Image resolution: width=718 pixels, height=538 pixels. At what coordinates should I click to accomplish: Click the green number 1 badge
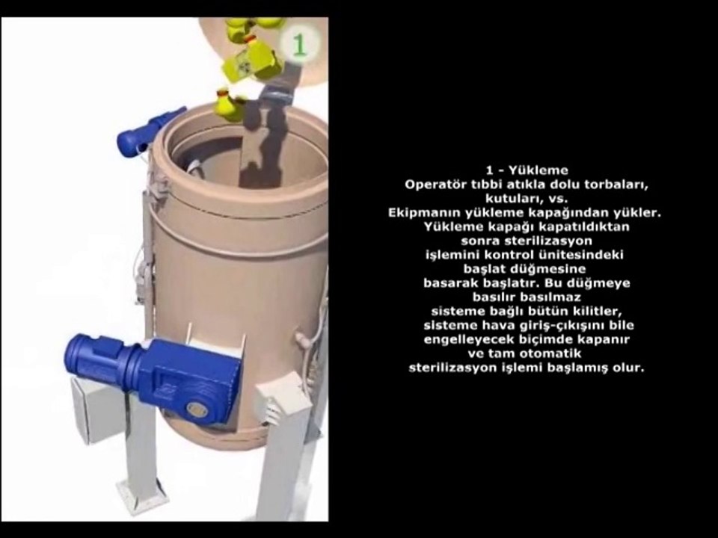[299, 44]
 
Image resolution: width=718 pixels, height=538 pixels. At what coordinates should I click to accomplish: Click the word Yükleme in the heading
[538, 170]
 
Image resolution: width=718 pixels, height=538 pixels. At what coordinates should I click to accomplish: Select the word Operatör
[432, 185]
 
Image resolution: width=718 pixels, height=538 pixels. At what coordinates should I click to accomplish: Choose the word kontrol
[509, 256]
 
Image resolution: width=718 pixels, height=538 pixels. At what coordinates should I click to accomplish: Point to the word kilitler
[598, 312]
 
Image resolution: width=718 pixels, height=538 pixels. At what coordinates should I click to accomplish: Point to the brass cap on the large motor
[197, 409]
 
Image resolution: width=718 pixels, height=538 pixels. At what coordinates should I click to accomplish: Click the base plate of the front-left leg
[142, 495]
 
